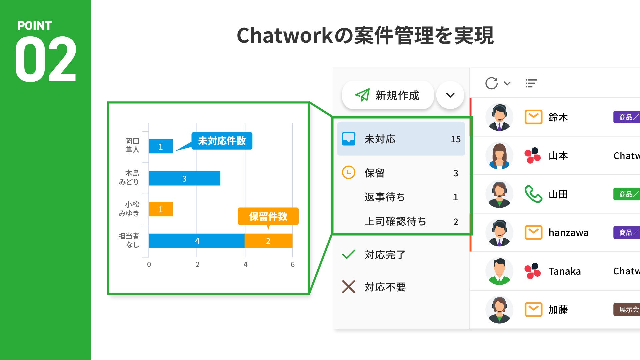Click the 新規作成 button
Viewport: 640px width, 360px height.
click(388, 95)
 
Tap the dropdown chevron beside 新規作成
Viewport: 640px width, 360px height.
click(450, 95)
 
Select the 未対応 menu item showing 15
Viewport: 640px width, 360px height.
click(401, 139)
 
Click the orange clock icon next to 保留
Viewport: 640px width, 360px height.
click(349, 172)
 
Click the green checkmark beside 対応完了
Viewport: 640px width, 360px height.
click(349, 255)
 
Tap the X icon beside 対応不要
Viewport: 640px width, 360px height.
click(349, 287)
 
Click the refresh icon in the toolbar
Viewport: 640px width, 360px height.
click(491, 83)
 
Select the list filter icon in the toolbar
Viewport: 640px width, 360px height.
click(531, 83)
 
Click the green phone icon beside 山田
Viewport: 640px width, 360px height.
click(533, 194)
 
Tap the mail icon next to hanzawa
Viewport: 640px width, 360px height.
click(533, 232)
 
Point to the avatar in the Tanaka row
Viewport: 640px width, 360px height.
click(499, 271)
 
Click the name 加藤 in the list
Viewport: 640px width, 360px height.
click(558, 310)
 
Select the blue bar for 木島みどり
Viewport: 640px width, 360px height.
click(184, 178)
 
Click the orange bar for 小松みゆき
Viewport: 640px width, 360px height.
click(161, 209)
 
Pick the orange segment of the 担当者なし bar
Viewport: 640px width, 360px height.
click(268, 241)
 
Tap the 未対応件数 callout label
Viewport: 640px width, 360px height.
click(222, 141)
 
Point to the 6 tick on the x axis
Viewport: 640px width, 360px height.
click(292, 264)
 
